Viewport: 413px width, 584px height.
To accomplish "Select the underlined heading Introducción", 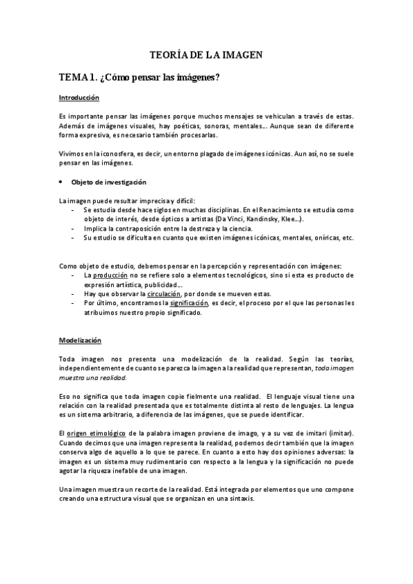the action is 79,98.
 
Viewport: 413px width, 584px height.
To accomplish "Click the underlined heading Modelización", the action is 80,340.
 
